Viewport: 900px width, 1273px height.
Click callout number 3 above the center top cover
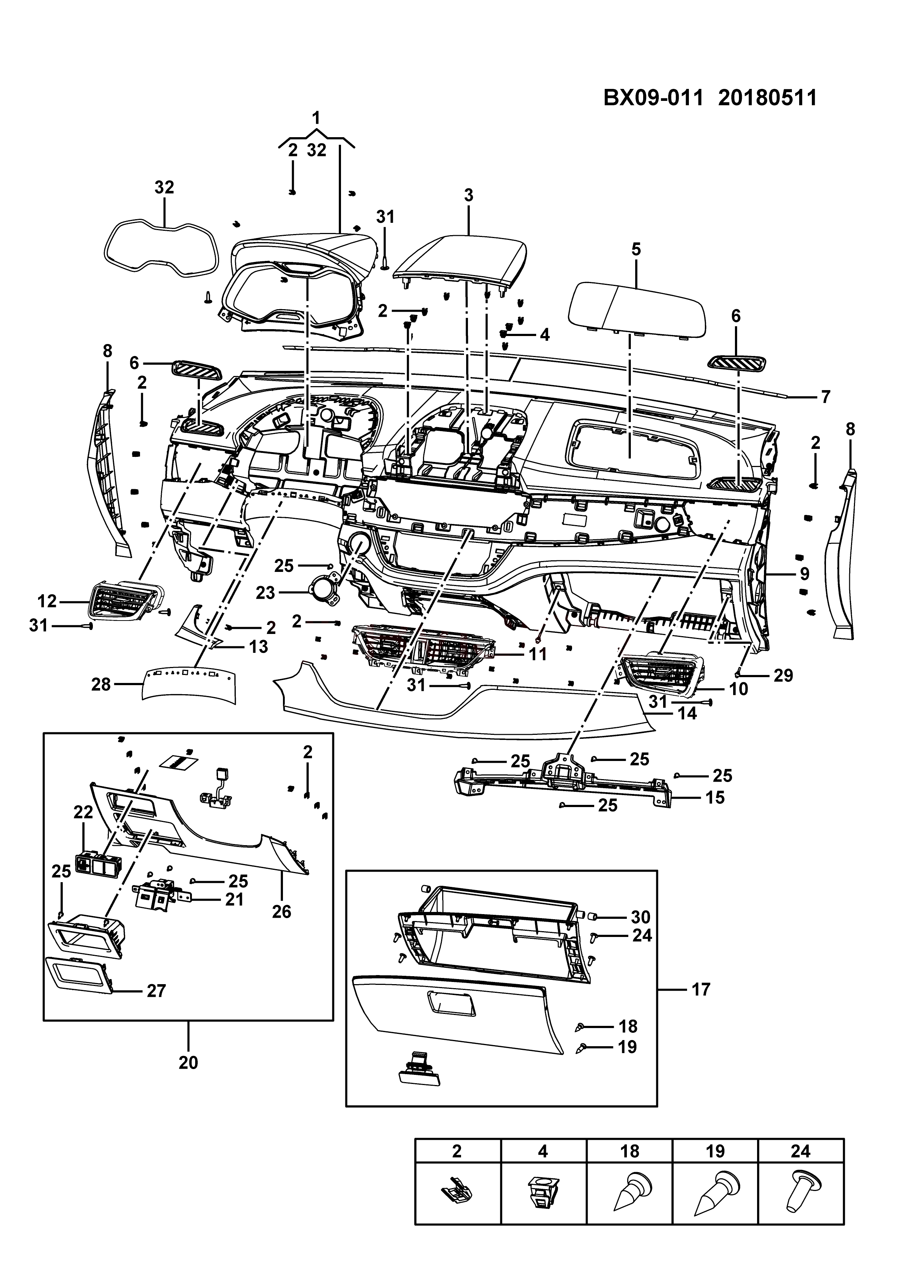click(469, 195)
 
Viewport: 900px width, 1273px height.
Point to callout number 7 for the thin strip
click(825, 397)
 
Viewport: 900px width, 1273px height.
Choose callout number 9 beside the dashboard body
click(805, 573)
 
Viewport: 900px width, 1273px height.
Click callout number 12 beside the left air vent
click(47, 601)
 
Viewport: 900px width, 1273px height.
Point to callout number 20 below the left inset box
click(188, 1062)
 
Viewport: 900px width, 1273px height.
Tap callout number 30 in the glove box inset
click(640, 917)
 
